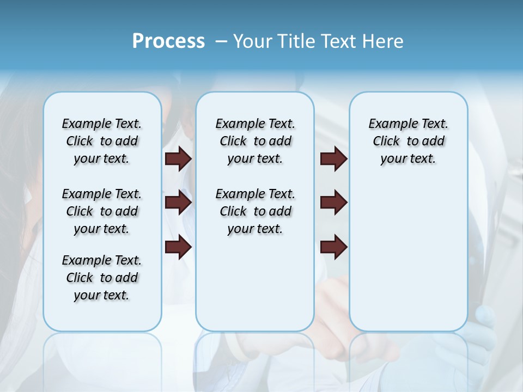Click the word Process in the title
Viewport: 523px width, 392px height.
[168, 41]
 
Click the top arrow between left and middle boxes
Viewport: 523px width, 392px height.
[178, 158]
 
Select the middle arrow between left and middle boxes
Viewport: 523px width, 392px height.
[178, 203]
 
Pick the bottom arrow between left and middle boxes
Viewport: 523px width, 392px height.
[178, 247]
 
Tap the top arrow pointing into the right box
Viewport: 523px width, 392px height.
[334, 158]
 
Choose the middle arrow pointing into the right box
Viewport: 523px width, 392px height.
[334, 203]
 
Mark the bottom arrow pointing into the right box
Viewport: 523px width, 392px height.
[334, 247]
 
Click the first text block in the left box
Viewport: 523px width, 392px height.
[102, 141]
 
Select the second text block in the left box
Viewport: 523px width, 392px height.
[102, 211]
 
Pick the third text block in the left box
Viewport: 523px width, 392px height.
[102, 278]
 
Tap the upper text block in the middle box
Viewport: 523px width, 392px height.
[255, 141]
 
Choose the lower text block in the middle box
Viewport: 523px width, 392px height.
[255, 211]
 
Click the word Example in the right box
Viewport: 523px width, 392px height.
[388, 124]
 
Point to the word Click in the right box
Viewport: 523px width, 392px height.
[386, 141]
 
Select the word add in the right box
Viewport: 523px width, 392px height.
[434, 141]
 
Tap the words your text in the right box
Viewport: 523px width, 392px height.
[408, 159]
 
